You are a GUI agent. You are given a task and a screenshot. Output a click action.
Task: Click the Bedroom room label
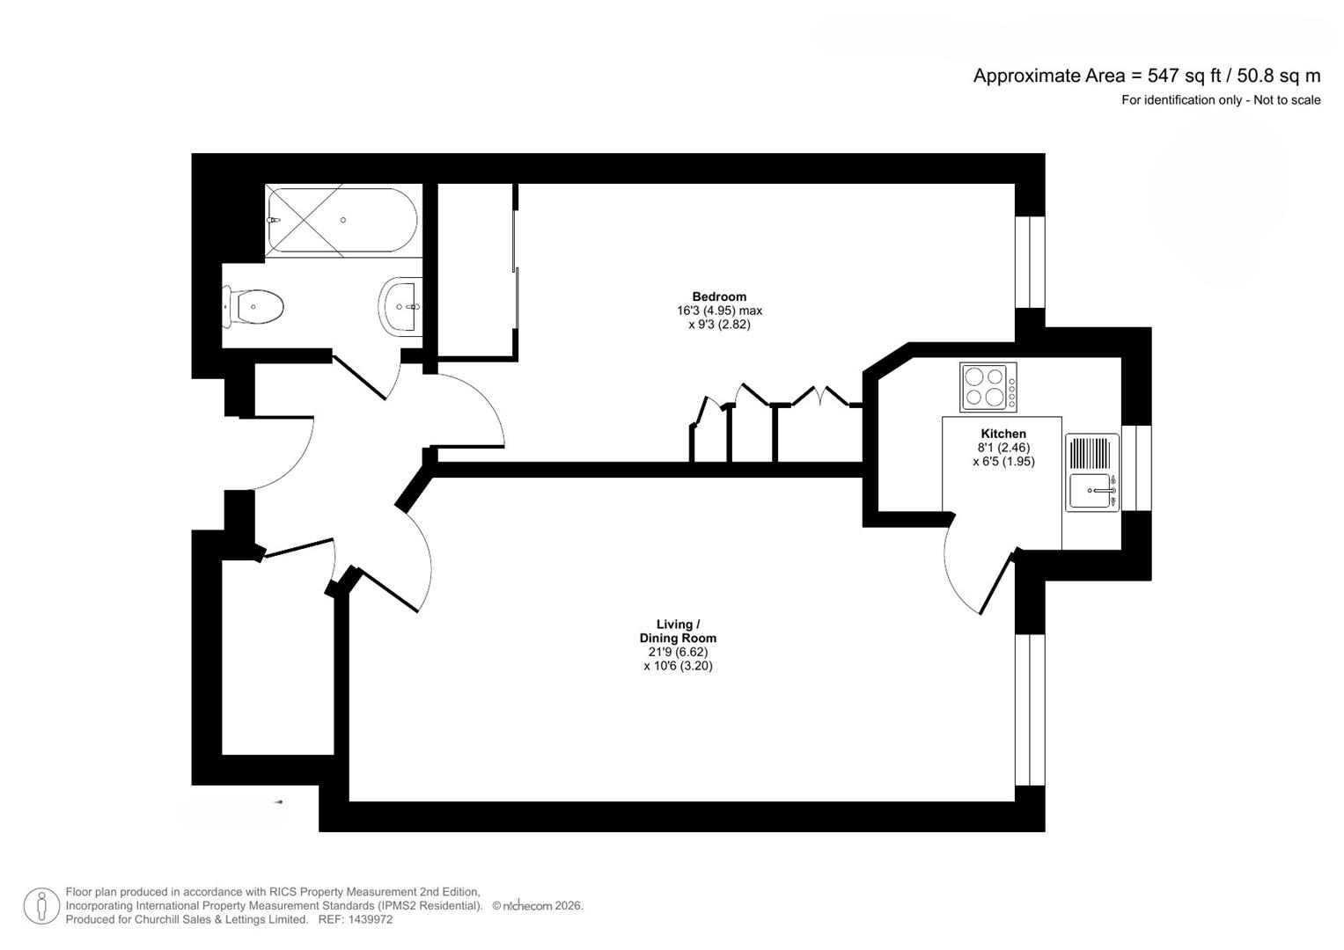point(718,296)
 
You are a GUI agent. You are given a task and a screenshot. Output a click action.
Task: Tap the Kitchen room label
point(1003,434)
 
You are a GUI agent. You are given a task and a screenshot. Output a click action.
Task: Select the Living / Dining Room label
point(678,632)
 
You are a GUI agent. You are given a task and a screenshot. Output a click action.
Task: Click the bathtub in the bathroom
point(342,220)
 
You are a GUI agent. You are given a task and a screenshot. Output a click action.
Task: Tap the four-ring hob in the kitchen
point(988,387)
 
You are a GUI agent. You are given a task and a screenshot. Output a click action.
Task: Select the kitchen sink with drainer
point(1092,472)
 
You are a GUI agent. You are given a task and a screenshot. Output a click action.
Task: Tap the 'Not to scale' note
point(1287,100)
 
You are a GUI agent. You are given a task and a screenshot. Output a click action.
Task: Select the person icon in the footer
point(41,906)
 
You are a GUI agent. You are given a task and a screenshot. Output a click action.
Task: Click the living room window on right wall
point(1030,709)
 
